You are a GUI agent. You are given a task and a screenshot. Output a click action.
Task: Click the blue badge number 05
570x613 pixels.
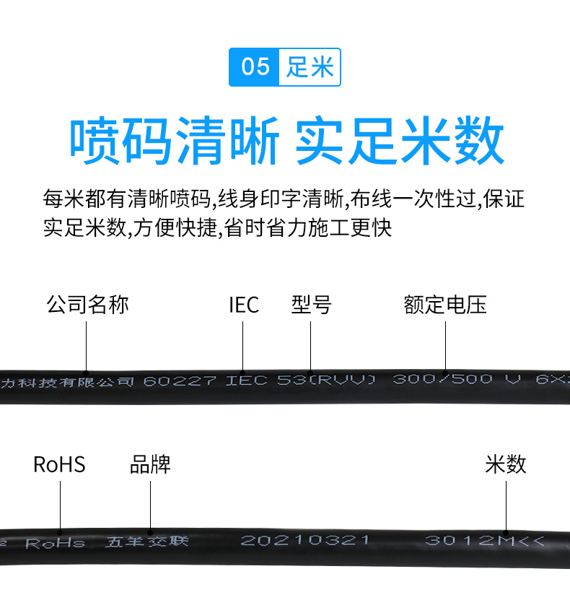tap(255, 68)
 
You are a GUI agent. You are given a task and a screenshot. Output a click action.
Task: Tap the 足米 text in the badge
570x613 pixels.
tap(310, 68)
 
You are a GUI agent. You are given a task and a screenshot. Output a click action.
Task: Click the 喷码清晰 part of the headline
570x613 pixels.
tap(174, 142)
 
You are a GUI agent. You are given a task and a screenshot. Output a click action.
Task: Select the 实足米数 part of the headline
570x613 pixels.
tap(400, 142)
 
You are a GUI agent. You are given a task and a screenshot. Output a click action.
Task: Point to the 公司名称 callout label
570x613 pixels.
tap(87, 304)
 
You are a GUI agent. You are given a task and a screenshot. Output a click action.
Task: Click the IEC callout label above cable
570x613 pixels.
tap(244, 305)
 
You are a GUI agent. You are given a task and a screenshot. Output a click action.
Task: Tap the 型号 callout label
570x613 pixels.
tap(311, 305)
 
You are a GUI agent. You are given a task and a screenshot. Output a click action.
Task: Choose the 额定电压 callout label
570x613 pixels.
tap(445, 305)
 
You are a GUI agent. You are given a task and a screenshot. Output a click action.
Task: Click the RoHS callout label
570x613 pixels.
tap(59, 464)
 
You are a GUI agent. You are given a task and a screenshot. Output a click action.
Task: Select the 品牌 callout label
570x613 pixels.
tap(150, 464)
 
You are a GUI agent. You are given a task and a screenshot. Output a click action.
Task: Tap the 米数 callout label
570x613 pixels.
tap(506, 464)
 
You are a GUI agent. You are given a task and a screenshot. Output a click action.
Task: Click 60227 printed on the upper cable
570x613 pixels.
tap(180, 381)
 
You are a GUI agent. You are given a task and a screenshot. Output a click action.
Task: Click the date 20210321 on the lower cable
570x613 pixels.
tap(304, 540)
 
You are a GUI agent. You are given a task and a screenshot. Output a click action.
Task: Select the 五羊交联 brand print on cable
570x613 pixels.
tap(147, 541)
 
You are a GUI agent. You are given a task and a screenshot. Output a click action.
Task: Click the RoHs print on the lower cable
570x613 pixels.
tap(56, 543)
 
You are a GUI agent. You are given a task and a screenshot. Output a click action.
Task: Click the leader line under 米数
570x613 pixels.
tap(506, 505)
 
